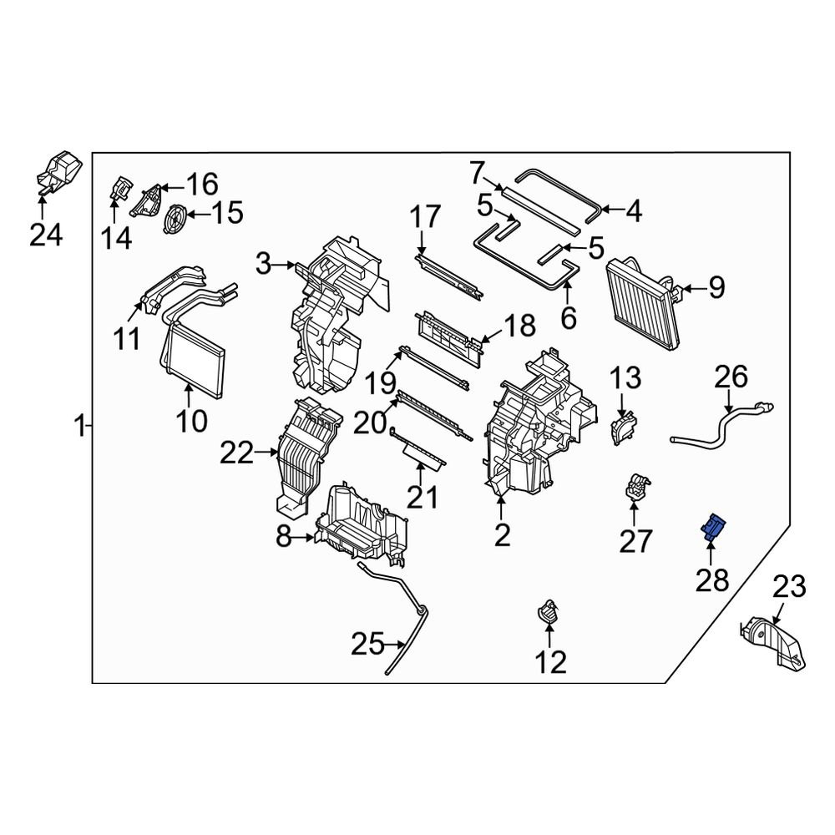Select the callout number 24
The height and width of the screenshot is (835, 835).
pos(46,236)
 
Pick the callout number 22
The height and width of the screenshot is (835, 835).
pos(236,453)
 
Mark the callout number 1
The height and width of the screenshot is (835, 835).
pos(79,428)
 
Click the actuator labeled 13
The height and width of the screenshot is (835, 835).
pos(623,429)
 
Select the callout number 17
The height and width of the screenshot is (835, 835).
pos(423,218)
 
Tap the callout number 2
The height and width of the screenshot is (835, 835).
pos(501,535)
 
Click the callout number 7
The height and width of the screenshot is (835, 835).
pos(476,175)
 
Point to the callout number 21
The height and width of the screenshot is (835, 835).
pos(422,498)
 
